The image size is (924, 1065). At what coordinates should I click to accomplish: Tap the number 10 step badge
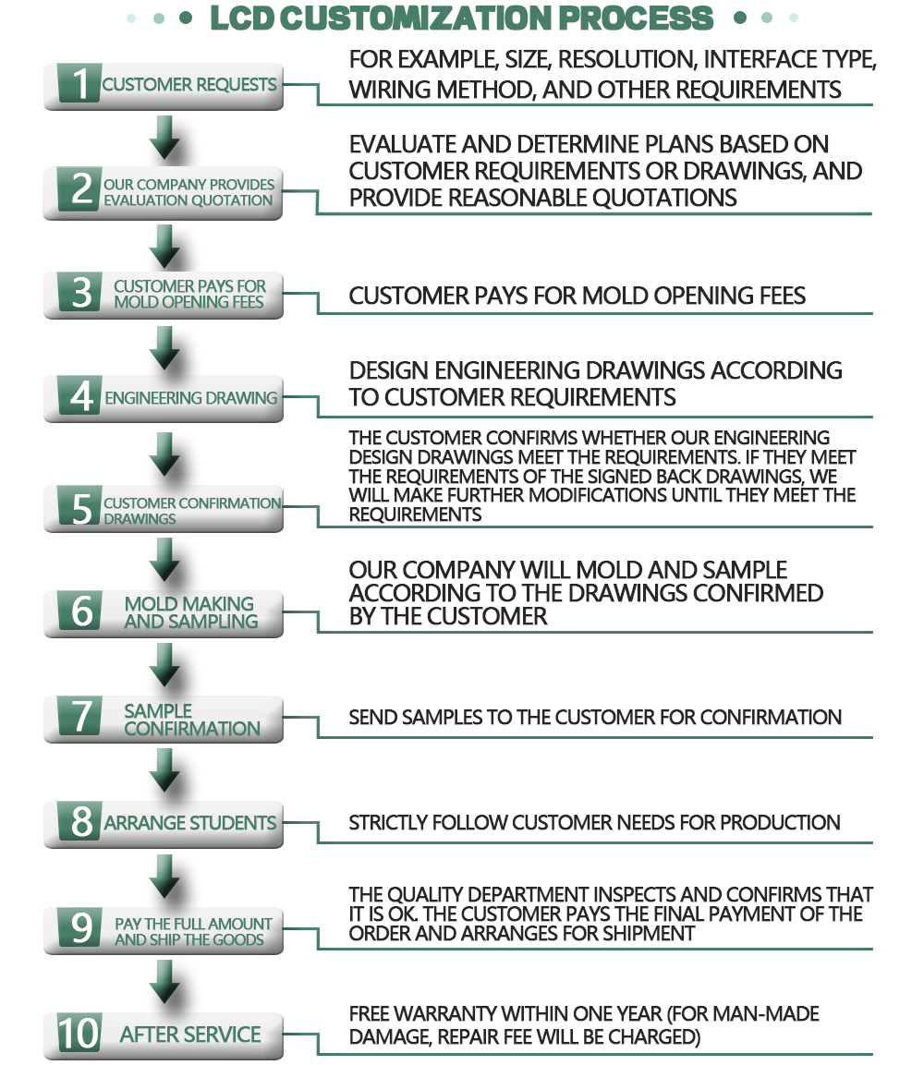(79, 1033)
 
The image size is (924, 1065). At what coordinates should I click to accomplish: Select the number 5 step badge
(80, 506)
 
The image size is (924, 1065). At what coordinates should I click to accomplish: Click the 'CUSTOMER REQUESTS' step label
(189, 84)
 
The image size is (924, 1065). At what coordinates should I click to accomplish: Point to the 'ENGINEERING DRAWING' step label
(191, 398)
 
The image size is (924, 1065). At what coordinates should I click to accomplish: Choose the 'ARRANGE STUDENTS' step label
(190, 822)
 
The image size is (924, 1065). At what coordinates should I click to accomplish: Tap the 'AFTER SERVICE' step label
(190, 1035)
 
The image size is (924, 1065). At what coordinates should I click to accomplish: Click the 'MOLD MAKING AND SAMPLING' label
(191, 612)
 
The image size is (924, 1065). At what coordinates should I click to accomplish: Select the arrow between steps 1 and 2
(164, 138)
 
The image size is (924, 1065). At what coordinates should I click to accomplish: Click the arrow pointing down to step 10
(164, 982)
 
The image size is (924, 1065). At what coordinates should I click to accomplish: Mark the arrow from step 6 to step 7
(164, 666)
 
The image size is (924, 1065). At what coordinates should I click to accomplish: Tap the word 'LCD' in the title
(242, 18)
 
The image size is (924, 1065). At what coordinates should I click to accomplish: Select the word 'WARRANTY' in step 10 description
(447, 1014)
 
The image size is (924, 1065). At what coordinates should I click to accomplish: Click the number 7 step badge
(80, 717)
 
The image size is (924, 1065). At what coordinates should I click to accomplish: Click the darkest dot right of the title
(740, 18)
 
